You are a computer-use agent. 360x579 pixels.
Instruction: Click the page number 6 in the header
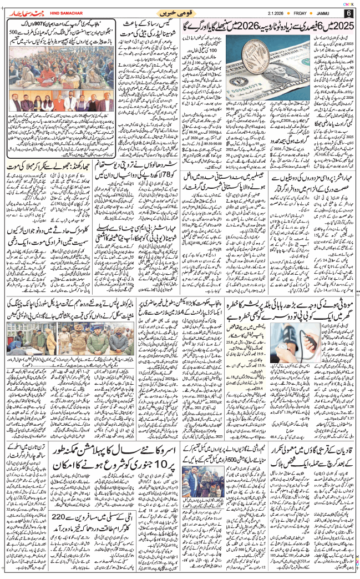tap(348, 13)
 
